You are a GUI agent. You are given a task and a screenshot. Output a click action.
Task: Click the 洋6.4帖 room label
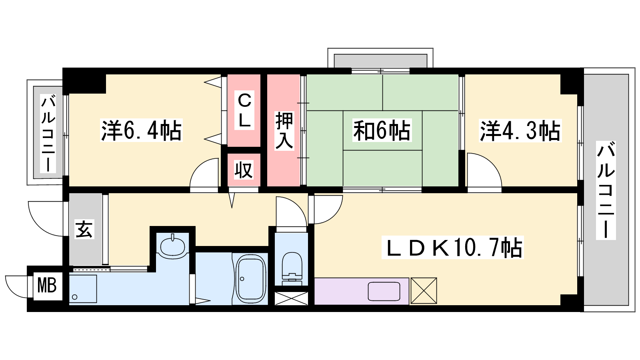(141, 130)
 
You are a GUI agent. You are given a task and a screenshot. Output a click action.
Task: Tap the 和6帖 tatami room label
(382, 130)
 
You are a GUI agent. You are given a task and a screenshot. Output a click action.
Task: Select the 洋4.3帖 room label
(520, 130)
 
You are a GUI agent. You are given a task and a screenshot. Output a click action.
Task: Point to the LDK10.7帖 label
(452, 248)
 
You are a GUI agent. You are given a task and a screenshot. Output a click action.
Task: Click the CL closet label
(244, 110)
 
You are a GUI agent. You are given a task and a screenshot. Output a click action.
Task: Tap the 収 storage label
(244, 170)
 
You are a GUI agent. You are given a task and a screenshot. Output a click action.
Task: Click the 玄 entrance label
(84, 229)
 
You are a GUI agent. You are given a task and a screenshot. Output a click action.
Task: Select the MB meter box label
(47, 286)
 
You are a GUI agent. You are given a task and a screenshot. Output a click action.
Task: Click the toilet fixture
(292, 268)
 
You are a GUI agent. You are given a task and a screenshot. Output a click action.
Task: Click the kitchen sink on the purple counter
(384, 292)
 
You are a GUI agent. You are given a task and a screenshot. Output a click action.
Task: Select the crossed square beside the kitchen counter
(424, 290)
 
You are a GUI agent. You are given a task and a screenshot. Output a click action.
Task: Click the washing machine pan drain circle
(74, 297)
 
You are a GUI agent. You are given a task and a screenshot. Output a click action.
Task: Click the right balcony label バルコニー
(606, 190)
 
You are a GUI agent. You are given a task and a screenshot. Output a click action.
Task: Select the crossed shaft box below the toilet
(292, 298)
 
